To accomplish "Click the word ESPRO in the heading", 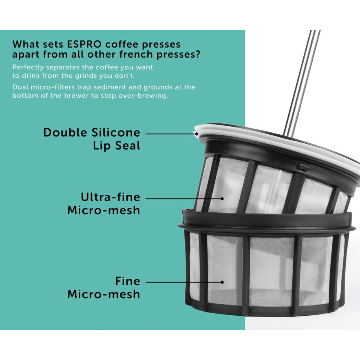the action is click(x=84, y=44).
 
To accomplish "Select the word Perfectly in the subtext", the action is click(x=28, y=67).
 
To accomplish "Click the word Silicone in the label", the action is click(x=116, y=133).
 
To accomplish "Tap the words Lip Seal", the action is click(x=116, y=146).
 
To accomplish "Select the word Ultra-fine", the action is click(x=110, y=197).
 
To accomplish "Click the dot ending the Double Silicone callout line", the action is click(x=196, y=134).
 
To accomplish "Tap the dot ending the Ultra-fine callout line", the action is click(x=222, y=199).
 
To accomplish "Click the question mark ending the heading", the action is click(x=197, y=55).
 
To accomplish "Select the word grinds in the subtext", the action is click(x=85, y=76).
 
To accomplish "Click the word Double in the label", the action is click(x=65, y=133).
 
